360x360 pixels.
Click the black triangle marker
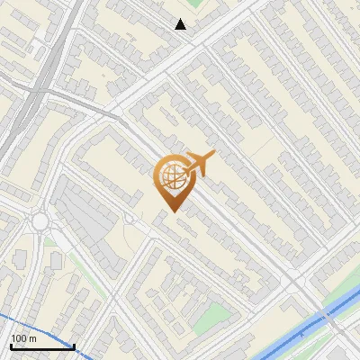coord(181,24)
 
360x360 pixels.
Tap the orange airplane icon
coord(201,162)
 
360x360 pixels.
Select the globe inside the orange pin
coord(171,176)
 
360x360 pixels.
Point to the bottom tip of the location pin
coord(171,211)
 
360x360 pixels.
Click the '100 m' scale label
coord(23,338)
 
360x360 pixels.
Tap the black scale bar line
coord(41,346)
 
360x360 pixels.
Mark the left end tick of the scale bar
coord(10,345)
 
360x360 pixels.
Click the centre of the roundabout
coord(40,221)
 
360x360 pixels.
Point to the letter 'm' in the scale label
coord(32,338)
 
